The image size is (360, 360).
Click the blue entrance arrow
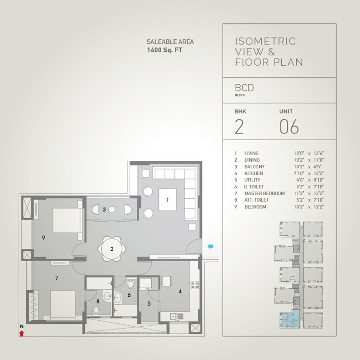point(210,246)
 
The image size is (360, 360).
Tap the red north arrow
point(22,333)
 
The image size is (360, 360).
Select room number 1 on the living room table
point(167,199)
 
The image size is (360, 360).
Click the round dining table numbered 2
point(112,248)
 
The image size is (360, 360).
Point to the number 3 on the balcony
point(104,210)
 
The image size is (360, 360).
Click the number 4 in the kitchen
point(180,291)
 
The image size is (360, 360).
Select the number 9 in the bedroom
point(43,238)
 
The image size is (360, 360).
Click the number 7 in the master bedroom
point(56,278)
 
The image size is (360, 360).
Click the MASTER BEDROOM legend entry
point(264,194)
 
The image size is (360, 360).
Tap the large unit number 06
point(289,127)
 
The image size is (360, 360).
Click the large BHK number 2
point(239,127)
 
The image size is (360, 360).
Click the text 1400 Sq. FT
point(164,49)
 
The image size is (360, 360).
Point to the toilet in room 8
point(97,311)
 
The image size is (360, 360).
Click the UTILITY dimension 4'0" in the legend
point(296,180)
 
